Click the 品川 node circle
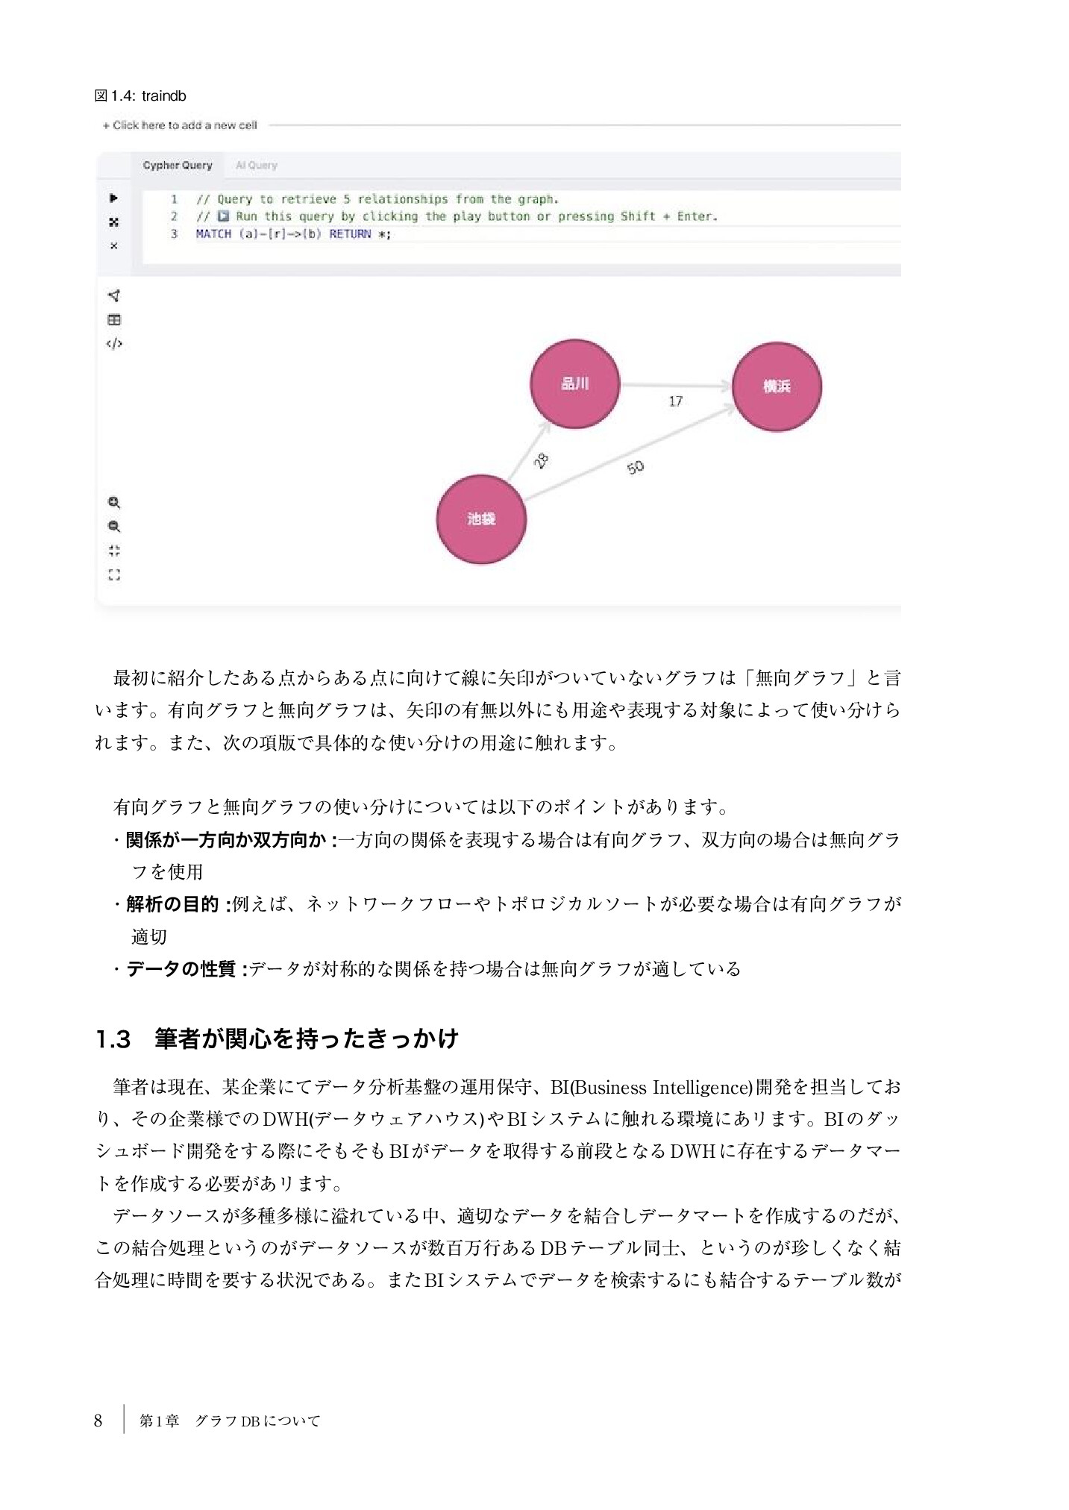click(574, 384)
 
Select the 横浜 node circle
click(777, 386)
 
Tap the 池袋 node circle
click(481, 519)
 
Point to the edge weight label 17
click(675, 401)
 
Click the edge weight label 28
click(542, 461)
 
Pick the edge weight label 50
click(635, 468)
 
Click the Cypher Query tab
click(178, 166)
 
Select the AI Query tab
click(256, 166)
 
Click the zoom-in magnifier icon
click(114, 503)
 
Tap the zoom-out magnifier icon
click(114, 527)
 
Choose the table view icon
click(114, 320)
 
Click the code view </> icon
click(114, 344)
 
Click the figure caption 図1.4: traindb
click(140, 96)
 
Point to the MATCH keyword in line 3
click(213, 234)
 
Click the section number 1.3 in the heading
click(113, 1039)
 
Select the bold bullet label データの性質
click(181, 969)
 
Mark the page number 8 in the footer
click(98, 1421)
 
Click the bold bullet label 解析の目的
click(172, 904)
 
